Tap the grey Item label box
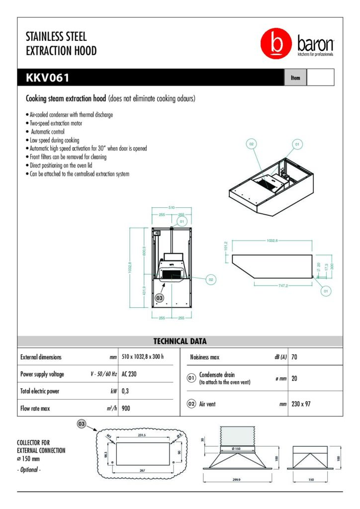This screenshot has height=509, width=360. tap(295, 78)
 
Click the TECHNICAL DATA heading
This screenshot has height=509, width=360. tap(180, 341)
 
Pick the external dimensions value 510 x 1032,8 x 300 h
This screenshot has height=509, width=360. tap(143, 357)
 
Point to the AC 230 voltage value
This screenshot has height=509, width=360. tap(129, 374)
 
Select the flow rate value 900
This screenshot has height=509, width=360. tap(127, 409)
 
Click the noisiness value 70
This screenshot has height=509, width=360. tap(295, 357)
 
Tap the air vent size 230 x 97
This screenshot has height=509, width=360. tap(301, 404)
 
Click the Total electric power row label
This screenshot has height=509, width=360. tap(40, 391)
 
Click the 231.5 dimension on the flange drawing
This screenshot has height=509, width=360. tap(142, 435)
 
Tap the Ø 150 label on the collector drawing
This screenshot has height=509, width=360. tap(237, 448)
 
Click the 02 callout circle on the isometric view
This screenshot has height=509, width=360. tap(252, 144)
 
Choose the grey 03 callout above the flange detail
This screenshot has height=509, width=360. tap(82, 424)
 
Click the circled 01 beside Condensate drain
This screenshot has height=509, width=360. tap(191, 378)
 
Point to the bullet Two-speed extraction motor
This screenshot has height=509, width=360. tap(56, 123)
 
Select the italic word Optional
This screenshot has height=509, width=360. tap(31, 469)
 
